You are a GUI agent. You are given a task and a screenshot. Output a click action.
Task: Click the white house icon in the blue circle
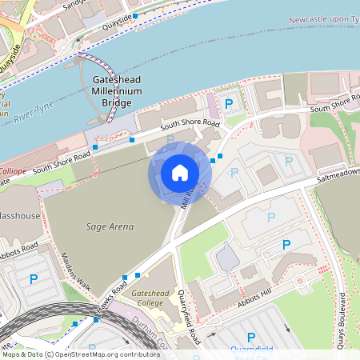[x=180, y=173]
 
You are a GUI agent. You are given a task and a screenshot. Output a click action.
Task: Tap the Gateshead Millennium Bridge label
[x=117, y=92]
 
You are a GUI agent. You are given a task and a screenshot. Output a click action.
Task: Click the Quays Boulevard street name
[x=342, y=315]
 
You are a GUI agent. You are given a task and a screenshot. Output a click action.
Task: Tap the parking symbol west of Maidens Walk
[x=34, y=279]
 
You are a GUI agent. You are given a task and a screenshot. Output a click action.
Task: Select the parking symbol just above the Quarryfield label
[x=251, y=338]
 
